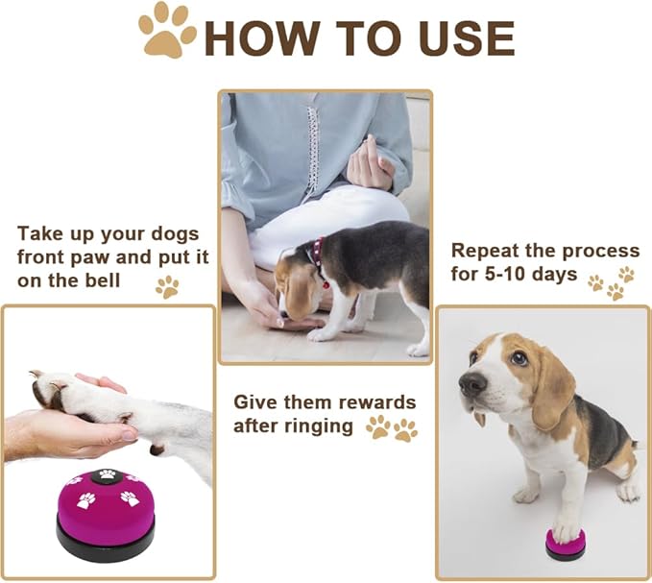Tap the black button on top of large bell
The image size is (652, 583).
tap(108, 474)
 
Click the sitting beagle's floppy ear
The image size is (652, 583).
tap(554, 393)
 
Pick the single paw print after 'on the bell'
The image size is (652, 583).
tap(167, 285)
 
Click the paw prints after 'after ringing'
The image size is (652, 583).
tap(391, 427)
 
